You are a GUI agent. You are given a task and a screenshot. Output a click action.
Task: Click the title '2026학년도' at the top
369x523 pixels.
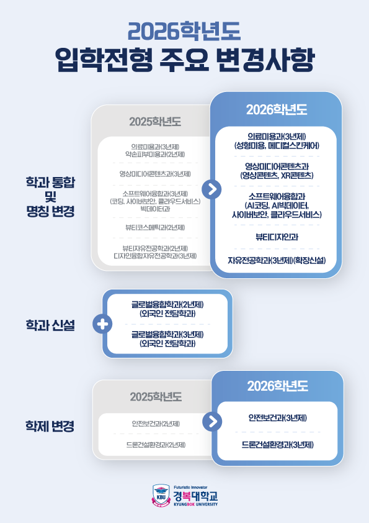tap(184, 32)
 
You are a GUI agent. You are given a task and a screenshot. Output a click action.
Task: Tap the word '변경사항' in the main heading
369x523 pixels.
tap(265, 60)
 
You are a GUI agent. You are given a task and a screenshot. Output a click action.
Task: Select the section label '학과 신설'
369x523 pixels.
tap(50, 325)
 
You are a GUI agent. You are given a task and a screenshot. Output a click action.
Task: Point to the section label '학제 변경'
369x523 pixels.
tap(50, 426)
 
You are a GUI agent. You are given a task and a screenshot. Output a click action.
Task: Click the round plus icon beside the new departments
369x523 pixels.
tap(102, 324)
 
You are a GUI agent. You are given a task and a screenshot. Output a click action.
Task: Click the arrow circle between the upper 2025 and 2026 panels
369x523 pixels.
tap(211, 189)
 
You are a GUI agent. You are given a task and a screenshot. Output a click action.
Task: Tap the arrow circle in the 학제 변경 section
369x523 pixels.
tap(212, 421)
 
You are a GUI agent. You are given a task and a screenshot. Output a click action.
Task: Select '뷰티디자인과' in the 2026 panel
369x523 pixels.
tap(277, 237)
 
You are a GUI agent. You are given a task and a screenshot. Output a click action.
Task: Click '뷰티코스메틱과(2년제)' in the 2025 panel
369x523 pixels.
tap(155, 227)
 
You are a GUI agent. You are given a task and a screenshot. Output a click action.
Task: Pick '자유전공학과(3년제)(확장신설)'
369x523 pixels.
tap(277, 260)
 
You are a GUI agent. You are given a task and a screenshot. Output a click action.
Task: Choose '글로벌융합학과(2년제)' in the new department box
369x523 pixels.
tap(167, 304)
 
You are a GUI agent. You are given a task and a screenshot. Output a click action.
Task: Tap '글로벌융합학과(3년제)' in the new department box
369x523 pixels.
tap(167, 334)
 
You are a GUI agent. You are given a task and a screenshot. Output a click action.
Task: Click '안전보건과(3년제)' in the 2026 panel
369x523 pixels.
tap(277, 417)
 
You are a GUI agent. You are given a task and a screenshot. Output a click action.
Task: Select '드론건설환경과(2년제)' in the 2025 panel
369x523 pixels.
tap(156, 445)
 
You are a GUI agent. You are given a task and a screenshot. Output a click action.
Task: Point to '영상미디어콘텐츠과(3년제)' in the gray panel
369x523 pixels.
tap(155, 174)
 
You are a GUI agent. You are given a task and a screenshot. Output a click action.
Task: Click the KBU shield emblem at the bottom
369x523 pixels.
tap(161, 496)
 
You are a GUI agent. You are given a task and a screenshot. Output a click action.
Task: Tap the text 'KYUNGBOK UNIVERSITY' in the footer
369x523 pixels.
tap(195, 504)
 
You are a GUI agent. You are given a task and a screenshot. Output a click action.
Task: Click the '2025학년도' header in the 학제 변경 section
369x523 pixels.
tap(156, 397)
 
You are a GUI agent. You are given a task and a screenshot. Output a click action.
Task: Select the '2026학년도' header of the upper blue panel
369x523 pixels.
tap(277, 110)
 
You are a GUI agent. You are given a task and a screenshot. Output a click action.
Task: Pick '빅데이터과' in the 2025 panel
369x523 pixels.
tap(155, 209)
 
